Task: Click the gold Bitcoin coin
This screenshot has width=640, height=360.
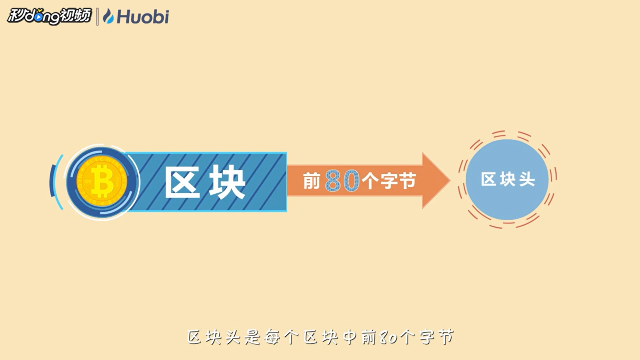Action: [102, 181]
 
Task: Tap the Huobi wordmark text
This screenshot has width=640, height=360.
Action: [143, 16]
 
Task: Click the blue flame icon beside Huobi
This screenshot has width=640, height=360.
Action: [108, 16]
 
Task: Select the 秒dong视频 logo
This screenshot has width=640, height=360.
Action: [49, 16]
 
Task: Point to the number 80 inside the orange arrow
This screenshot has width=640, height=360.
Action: [342, 181]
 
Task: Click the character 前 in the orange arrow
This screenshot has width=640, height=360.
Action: [311, 181]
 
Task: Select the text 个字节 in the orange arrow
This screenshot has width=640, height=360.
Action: [389, 181]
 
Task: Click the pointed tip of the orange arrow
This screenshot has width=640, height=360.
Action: [450, 180]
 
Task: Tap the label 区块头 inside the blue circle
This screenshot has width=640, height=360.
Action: [508, 179]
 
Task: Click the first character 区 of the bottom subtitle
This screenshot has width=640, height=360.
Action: [194, 337]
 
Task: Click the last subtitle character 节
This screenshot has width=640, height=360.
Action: [446, 337]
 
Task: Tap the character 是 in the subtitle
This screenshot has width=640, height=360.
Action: [253, 337]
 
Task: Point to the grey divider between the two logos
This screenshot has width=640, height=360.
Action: [97, 17]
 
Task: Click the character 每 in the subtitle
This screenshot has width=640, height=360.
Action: [272, 337]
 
